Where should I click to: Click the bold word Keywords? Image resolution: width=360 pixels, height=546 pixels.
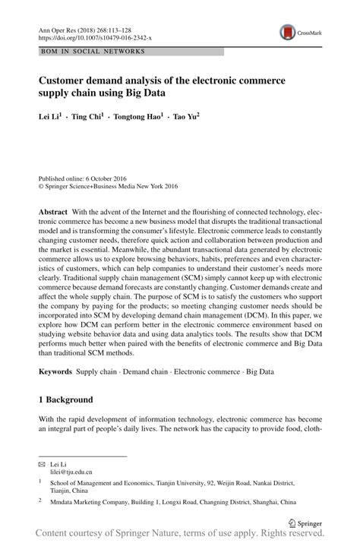(x=55, y=372)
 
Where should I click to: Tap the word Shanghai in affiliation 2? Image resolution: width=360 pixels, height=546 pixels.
(x=262, y=502)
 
